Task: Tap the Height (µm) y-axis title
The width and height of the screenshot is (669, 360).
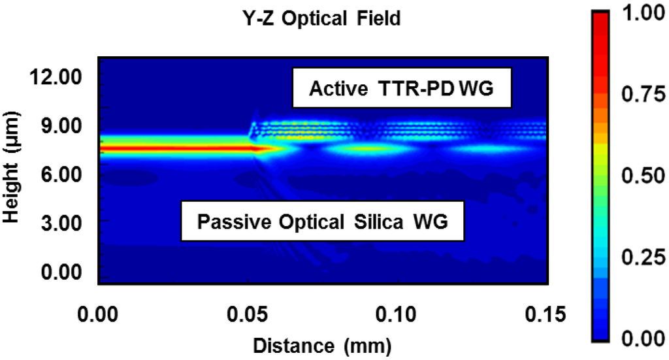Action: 12,172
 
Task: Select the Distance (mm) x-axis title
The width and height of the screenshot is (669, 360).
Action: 322,343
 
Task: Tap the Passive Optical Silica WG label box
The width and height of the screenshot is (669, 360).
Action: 323,221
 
